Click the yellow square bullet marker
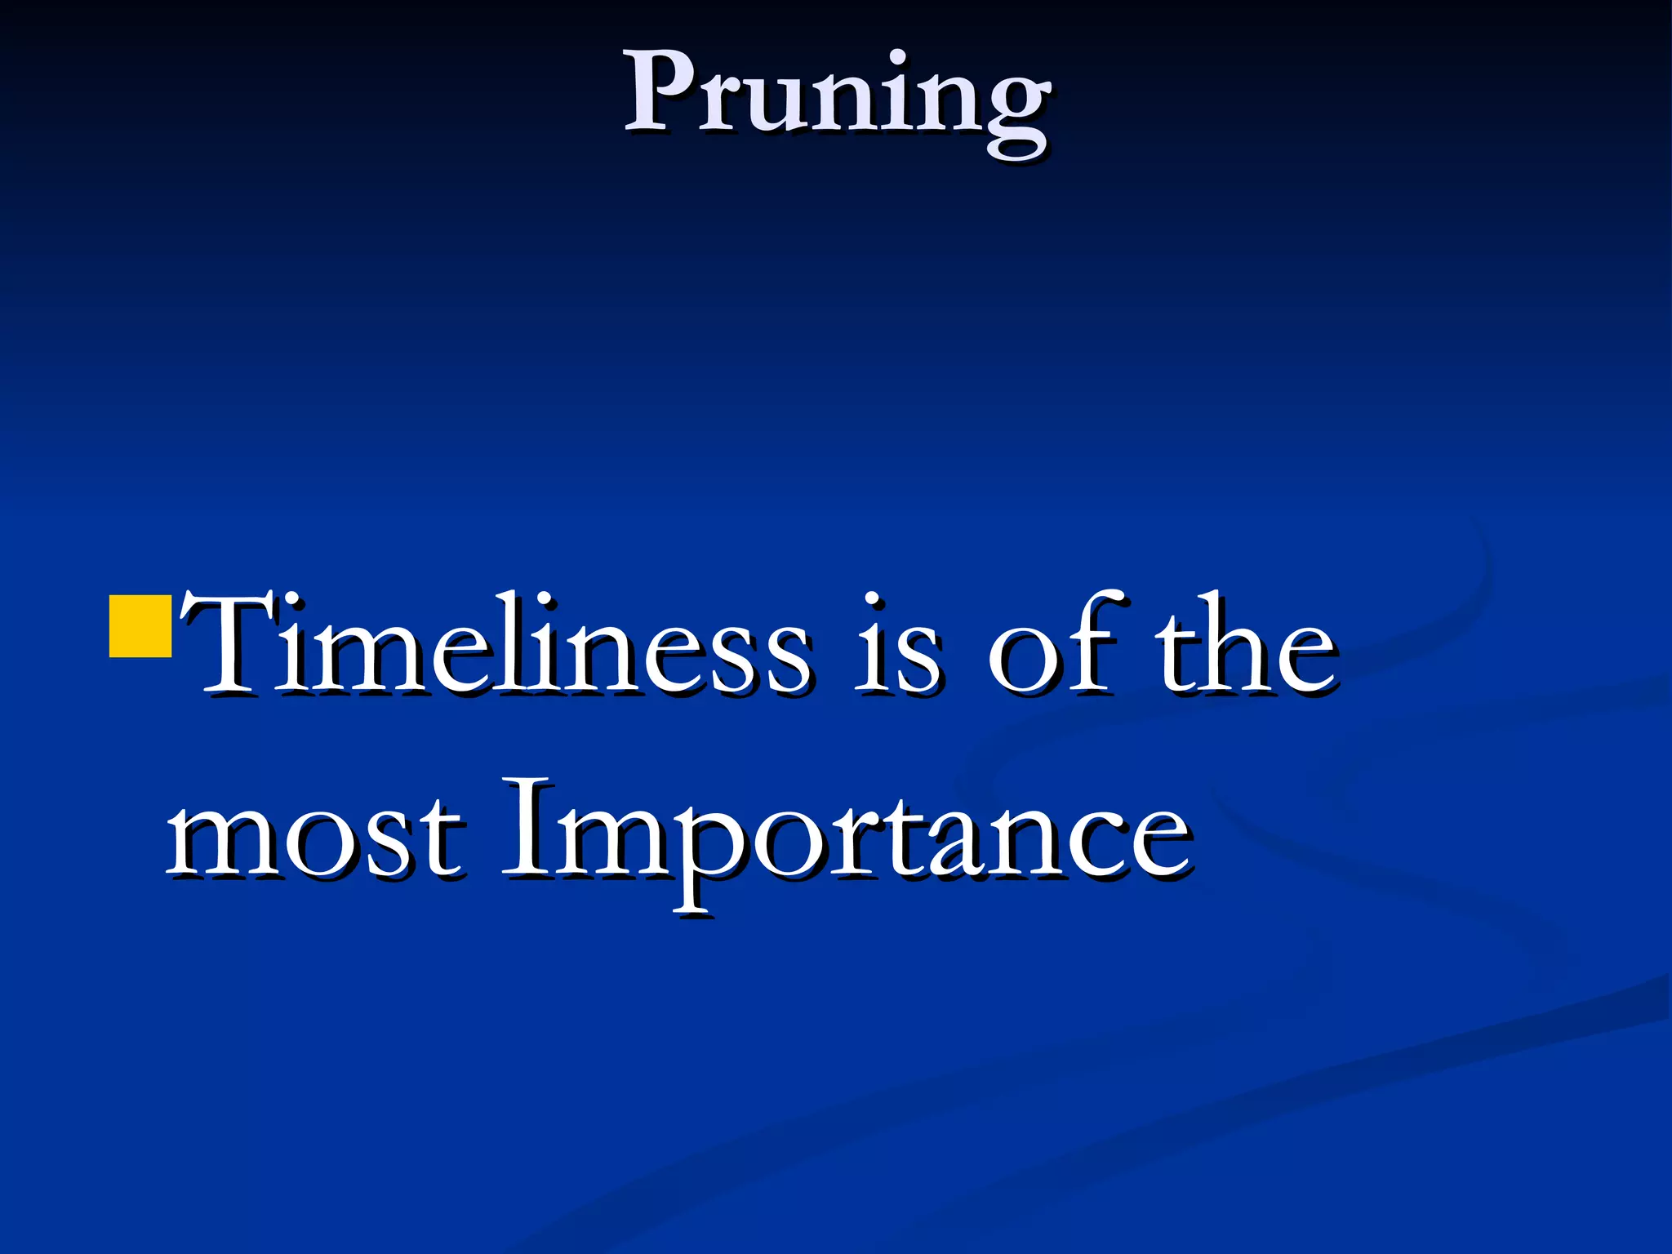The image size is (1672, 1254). pos(140,626)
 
